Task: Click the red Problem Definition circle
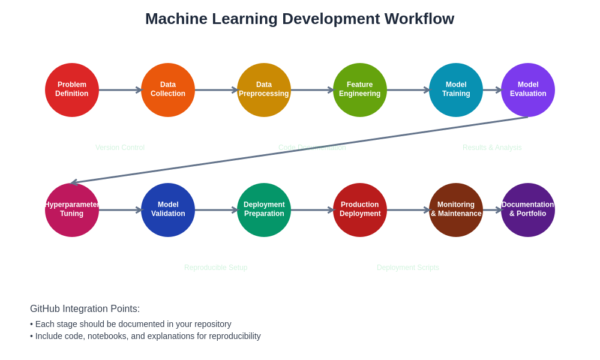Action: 72,90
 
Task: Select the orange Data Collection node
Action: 168,90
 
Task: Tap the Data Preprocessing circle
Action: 264,90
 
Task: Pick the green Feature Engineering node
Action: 360,90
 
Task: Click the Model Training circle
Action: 456,90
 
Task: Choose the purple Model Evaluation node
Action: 528,90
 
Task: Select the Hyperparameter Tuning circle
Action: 72,210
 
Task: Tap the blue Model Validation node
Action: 168,210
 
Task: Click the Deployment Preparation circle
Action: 264,210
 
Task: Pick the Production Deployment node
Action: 360,210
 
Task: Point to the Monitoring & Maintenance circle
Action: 456,210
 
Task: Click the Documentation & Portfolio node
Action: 528,210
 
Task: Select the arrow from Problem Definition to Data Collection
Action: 120,90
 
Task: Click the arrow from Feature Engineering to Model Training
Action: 408,90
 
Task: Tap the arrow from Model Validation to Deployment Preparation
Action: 216,210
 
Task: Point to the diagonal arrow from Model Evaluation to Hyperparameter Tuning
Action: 300,150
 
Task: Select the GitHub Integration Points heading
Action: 85,309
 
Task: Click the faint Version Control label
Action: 120,148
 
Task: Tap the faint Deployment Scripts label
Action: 408,268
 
